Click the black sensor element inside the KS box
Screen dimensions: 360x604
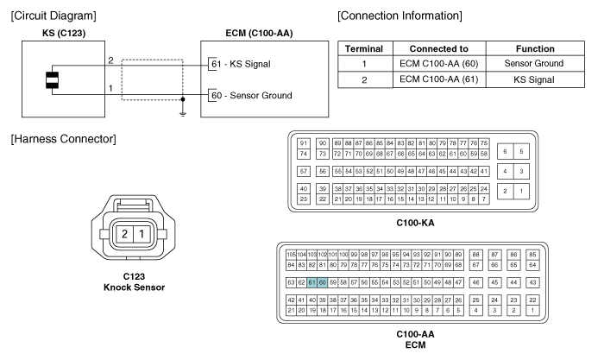[52, 79]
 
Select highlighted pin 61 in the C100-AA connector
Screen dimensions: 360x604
[311, 281]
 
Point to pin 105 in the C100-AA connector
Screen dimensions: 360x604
[291, 256]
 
